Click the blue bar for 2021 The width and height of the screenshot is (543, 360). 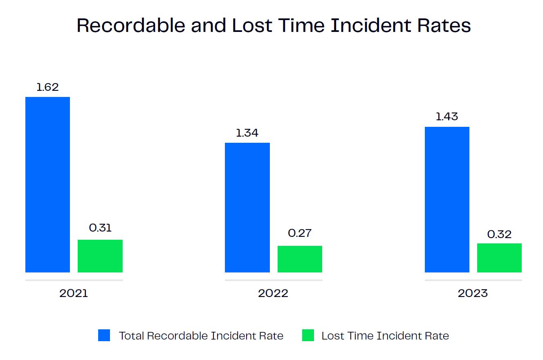[x=47, y=184]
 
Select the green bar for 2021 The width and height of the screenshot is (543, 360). [x=100, y=256]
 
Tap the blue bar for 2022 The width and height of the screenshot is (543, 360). [x=247, y=207]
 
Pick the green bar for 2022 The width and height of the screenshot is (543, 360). [x=300, y=259]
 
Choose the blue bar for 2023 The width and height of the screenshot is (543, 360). [x=447, y=200]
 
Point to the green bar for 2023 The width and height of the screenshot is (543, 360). [x=499, y=258]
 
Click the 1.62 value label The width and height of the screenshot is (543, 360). [x=47, y=87]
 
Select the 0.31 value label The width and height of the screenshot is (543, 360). [x=100, y=228]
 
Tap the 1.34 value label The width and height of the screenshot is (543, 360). [x=247, y=133]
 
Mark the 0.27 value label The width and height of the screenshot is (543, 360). [x=300, y=233]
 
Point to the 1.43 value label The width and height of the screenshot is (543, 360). [x=447, y=117]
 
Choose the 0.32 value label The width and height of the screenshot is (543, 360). [x=499, y=234]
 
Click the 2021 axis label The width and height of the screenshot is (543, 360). [x=74, y=293]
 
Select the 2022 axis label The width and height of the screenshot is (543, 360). [x=273, y=293]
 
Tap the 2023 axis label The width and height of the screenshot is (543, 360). [x=473, y=293]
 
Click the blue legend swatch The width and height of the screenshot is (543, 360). [x=104, y=335]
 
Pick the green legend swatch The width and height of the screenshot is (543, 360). [x=308, y=335]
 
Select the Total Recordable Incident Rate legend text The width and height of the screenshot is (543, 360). [x=201, y=336]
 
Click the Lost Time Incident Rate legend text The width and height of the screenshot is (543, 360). [x=385, y=336]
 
